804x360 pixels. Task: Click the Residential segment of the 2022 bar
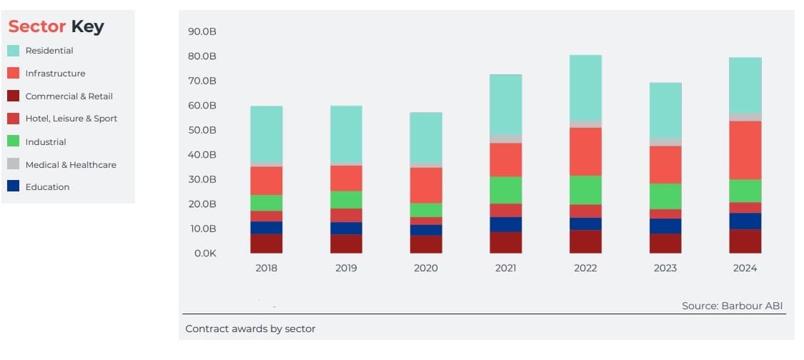click(x=585, y=87)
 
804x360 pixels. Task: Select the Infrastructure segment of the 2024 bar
click(x=745, y=150)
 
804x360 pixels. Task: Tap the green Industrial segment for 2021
click(x=505, y=190)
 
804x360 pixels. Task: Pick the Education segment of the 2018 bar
click(x=266, y=228)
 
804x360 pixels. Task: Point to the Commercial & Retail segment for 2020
click(x=426, y=244)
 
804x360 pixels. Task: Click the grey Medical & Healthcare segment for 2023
click(x=665, y=142)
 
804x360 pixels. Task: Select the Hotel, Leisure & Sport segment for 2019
click(x=346, y=215)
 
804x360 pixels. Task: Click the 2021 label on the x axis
click(x=505, y=269)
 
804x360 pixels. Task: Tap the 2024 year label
click(x=745, y=269)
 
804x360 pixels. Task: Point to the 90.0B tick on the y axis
click(x=202, y=31)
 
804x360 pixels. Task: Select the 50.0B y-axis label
click(x=202, y=130)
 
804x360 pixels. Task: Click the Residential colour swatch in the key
click(x=14, y=51)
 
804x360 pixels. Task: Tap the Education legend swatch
click(x=14, y=186)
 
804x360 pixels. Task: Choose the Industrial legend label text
click(x=46, y=142)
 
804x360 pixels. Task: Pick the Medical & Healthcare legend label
click(x=71, y=164)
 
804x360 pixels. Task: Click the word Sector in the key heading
click(x=37, y=27)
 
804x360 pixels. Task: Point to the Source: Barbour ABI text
click(x=732, y=306)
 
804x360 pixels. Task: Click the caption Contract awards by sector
click(x=250, y=329)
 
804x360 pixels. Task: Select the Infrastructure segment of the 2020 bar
click(x=426, y=185)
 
